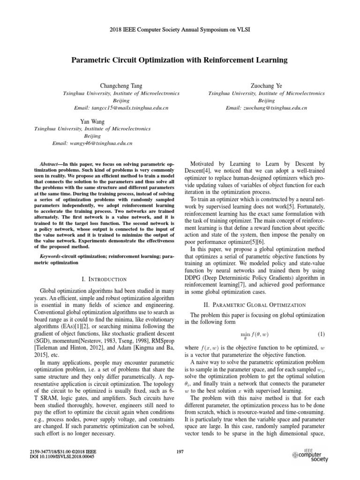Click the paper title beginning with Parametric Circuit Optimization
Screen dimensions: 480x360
[x=180, y=60]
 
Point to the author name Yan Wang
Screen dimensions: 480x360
[x=92, y=121]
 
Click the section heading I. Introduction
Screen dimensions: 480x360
[x=104, y=279]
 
